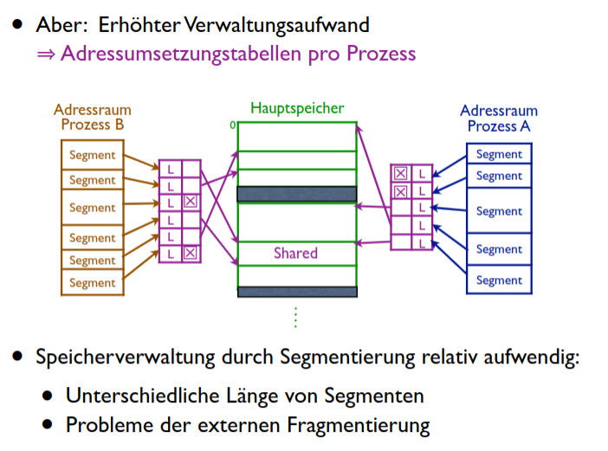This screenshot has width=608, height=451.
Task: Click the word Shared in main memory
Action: tap(295, 254)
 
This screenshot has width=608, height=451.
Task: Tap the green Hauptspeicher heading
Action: tap(297, 109)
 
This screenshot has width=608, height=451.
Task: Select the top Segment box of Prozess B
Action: tap(92, 156)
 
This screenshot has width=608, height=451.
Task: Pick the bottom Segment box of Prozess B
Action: tap(92, 283)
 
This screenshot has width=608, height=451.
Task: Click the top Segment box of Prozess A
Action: tap(499, 154)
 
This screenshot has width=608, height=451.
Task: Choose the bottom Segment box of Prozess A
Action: tap(499, 280)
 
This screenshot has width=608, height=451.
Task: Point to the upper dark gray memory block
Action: tap(296, 194)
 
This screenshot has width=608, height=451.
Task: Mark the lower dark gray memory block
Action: tap(296, 292)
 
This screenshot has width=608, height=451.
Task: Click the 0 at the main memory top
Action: tap(232, 126)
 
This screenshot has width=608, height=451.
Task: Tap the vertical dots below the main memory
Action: tap(295, 318)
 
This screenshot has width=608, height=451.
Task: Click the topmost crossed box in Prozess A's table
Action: tap(400, 172)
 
